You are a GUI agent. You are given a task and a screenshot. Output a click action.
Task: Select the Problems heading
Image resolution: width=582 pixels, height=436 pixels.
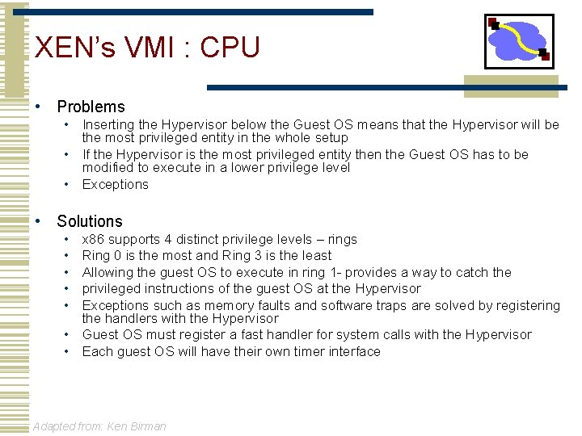click(91, 107)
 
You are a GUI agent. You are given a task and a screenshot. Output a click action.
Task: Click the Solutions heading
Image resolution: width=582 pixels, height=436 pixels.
click(90, 221)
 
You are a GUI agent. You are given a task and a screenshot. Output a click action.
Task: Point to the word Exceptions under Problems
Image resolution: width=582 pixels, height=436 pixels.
click(116, 184)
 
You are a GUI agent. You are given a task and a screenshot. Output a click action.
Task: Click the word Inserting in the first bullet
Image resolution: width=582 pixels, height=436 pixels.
click(109, 125)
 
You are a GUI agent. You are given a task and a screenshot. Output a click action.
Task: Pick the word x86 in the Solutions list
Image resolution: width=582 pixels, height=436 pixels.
click(94, 239)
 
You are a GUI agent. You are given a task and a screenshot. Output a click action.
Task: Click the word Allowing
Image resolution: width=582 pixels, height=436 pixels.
click(108, 272)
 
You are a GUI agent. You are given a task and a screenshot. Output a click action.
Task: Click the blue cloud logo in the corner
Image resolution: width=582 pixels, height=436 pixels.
click(518, 40)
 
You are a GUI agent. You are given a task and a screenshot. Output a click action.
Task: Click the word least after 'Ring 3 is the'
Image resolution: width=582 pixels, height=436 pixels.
click(315, 255)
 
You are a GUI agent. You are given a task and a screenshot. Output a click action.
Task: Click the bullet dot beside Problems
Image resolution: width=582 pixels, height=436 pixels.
click(37, 107)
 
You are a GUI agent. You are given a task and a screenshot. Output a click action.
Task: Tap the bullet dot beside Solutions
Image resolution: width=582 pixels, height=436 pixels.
click(37, 222)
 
